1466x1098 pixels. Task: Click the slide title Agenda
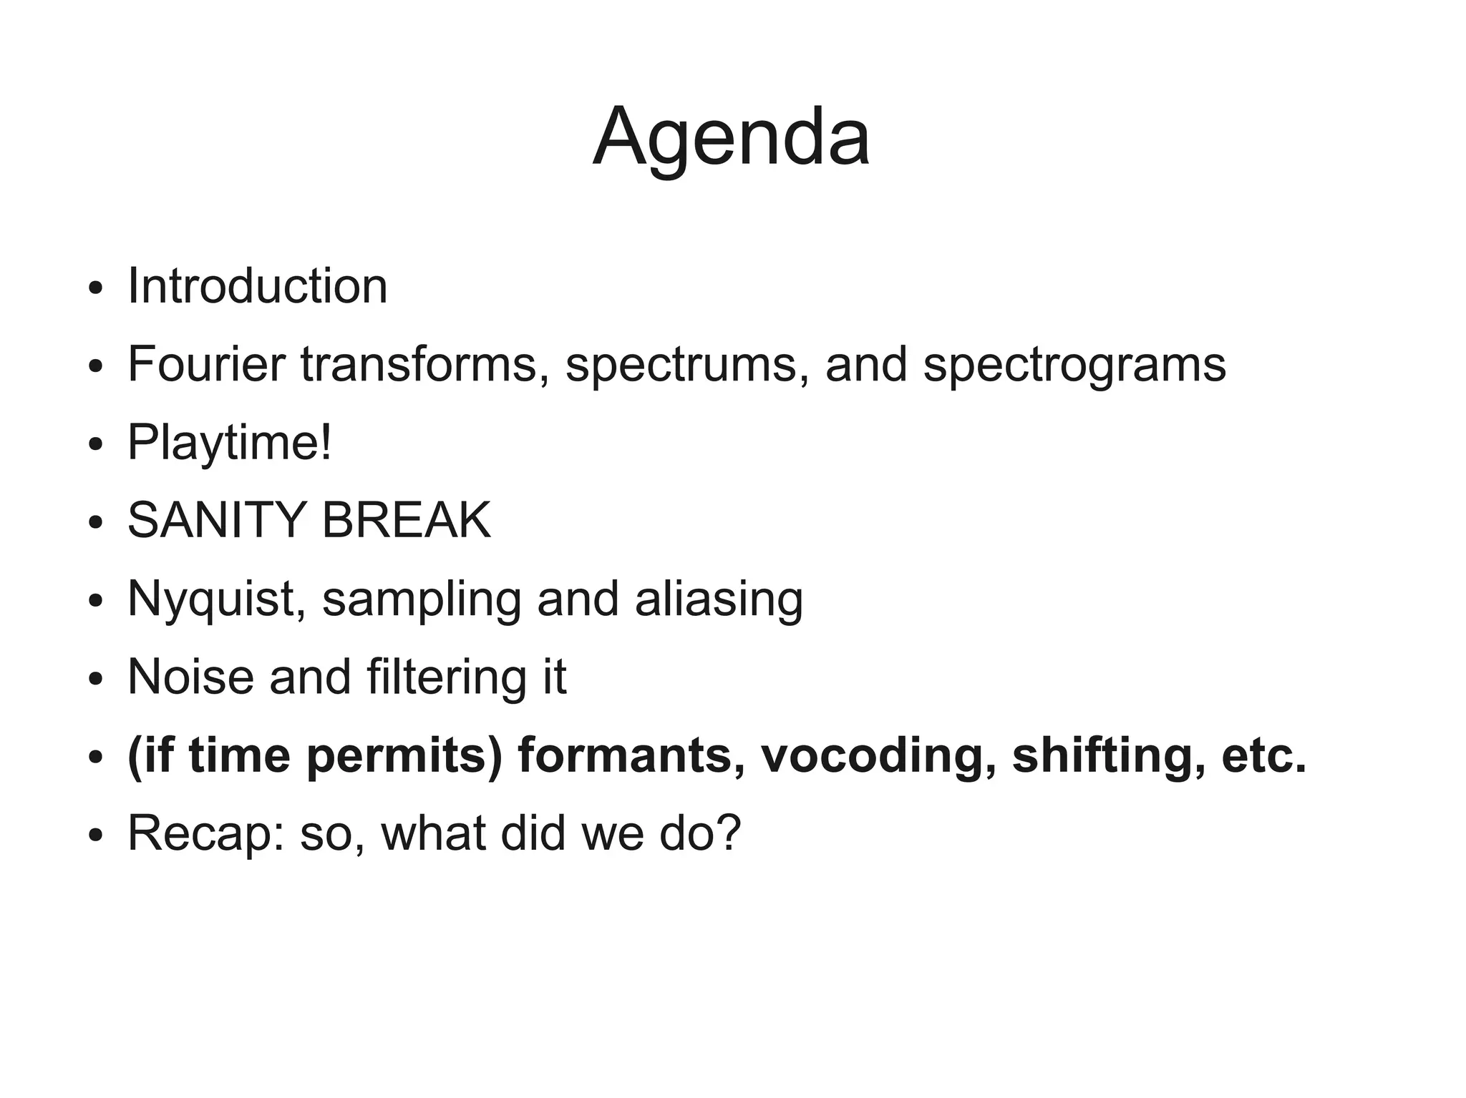coord(731,137)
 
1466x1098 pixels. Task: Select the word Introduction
coord(258,286)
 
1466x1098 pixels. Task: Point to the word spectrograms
coord(1074,366)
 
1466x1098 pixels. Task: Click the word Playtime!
coord(230,443)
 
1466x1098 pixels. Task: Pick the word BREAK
coord(407,520)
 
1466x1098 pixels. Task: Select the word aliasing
coord(719,599)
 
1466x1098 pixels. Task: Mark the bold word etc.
coord(1264,755)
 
